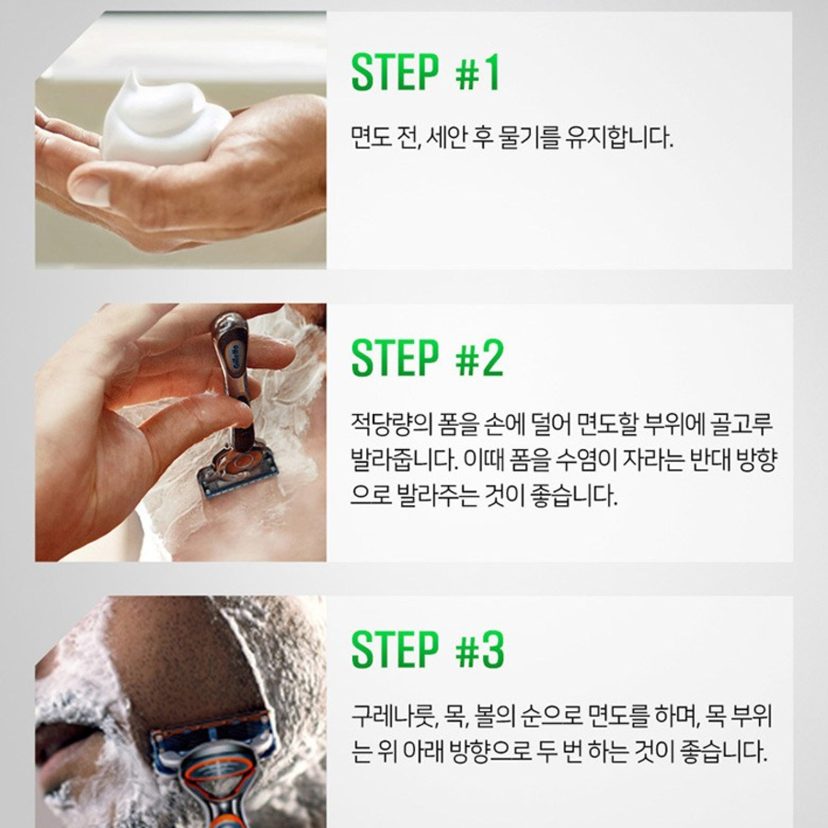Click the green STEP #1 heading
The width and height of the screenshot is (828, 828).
[425, 73]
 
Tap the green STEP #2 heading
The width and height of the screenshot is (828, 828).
[427, 358]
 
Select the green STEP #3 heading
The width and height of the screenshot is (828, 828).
[428, 650]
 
